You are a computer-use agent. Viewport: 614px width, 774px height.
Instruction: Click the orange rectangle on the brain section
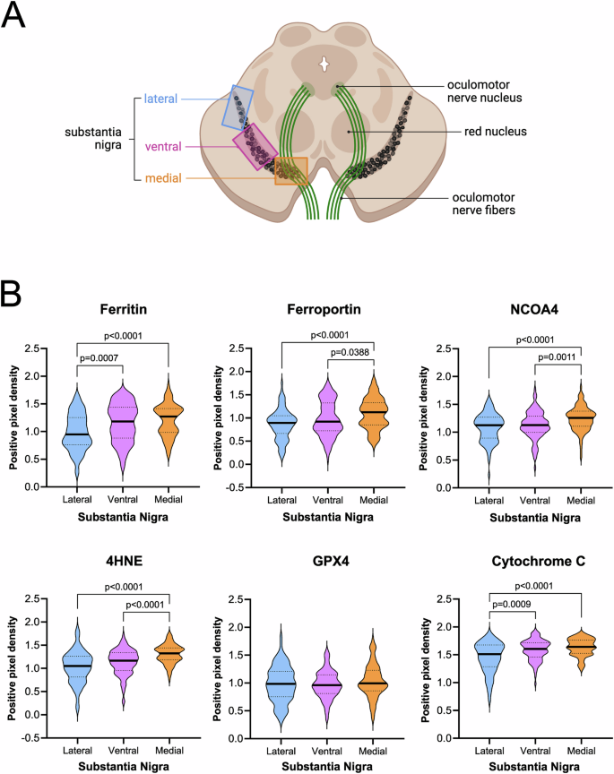pos(290,170)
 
